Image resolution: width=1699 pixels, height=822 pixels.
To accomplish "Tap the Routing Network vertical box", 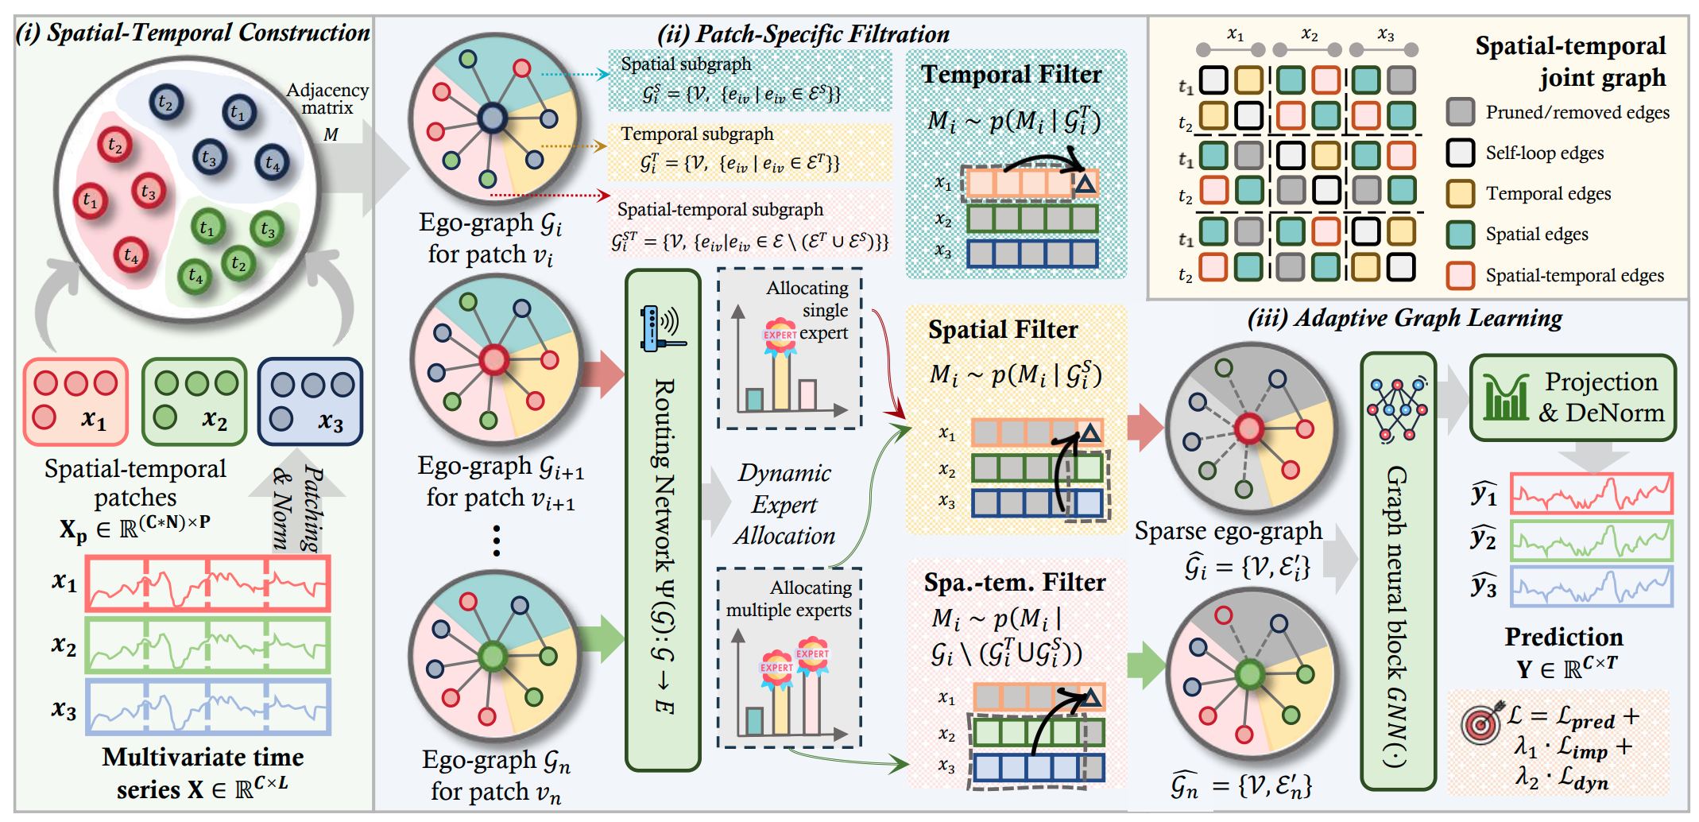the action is click(x=663, y=521).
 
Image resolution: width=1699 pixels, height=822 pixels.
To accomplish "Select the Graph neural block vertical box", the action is click(x=1398, y=572).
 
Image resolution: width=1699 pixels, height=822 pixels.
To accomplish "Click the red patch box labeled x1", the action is click(x=75, y=401).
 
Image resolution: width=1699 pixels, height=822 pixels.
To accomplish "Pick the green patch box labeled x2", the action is click(x=194, y=401).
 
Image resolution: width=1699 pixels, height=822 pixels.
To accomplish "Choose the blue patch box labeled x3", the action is click(x=311, y=401).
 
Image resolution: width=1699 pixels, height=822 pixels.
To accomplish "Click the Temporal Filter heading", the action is click(x=1011, y=75).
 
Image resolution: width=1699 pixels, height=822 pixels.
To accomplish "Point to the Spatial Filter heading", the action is click(x=1003, y=330).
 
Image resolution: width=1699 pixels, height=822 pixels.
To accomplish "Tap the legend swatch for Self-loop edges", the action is click(x=1461, y=153).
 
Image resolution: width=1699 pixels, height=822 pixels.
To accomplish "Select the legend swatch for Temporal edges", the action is click(x=1461, y=193).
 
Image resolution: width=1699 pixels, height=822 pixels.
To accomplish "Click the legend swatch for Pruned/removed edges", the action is click(x=1461, y=112).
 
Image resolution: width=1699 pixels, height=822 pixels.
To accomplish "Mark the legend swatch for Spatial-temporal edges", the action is click(x=1461, y=275).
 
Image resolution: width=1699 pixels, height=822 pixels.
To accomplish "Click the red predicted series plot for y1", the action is click(x=1591, y=494).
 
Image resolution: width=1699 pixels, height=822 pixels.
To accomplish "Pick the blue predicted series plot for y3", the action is click(x=1591, y=586).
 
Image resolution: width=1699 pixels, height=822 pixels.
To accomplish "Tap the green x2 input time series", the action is click(x=207, y=646).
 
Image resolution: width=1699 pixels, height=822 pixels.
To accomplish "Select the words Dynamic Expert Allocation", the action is click(x=784, y=504).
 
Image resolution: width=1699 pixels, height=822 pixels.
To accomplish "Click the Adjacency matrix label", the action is click(x=327, y=99).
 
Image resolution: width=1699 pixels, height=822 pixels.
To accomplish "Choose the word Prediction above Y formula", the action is click(x=1564, y=637).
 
